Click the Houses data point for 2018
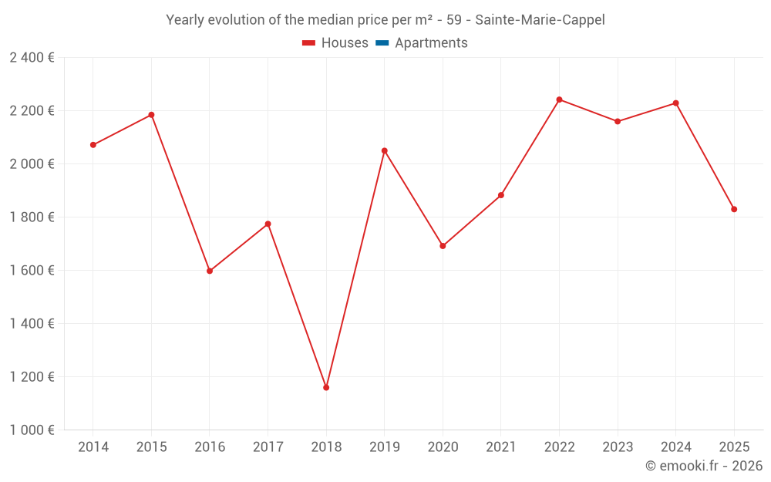[326, 387]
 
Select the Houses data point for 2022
[559, 99]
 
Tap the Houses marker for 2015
[151, 115]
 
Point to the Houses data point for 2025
[734, 209]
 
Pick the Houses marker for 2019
[385, 150]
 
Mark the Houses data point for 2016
[210, 271]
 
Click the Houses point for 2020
[443, 246]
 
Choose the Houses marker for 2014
[93, 145]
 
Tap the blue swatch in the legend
[382, 43]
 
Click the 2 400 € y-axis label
[32, 57]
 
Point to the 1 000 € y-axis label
[32, 430]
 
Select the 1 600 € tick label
[32, 270]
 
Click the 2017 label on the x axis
[268, 447]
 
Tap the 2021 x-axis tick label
[500, 447]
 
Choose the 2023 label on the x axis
[618, 447]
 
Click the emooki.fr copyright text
[704, 466]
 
